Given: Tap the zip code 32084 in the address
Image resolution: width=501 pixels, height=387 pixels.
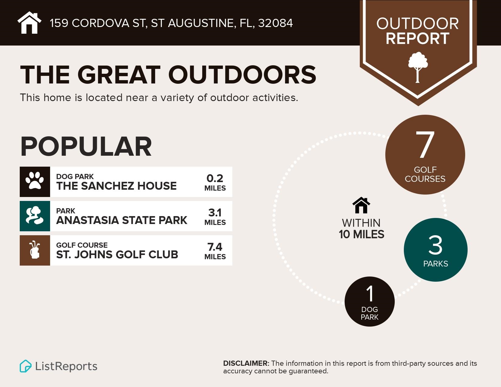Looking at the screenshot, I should [x=275, y=23].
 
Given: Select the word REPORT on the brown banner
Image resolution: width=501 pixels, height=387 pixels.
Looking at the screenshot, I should [x=417, y=39].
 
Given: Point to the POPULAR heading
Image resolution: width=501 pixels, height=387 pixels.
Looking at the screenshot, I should [x=86, y=147].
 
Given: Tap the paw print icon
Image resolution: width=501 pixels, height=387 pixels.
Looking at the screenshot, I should [x=35, y=182].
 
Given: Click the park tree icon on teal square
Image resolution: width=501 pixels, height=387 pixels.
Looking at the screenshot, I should [x=35, y=216].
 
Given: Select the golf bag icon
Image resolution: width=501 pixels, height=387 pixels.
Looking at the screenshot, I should [x=35, y=250].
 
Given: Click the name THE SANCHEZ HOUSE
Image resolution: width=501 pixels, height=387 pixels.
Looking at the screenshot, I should [x=116, y=186].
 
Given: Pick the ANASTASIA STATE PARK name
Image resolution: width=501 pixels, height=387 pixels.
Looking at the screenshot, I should [x=121, y=220].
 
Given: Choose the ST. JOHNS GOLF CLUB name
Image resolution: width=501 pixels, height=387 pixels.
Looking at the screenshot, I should [x=117, y=254].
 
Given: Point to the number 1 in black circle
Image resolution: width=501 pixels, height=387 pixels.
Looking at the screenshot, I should [x=370, y=294].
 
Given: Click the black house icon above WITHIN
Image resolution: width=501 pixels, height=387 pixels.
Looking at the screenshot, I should [x=361, y=205].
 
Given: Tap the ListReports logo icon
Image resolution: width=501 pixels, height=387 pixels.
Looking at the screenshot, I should [x=26, y=366].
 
